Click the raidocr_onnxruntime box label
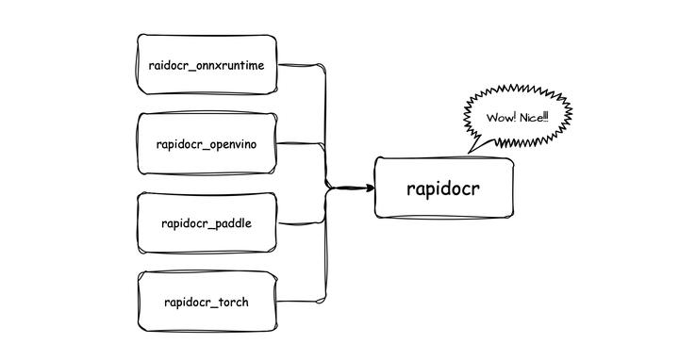[x=207, y=65]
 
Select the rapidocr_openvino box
[x=207, y=144]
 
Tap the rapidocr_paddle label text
[x=207, y=223]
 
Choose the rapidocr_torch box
[x=207, y=303]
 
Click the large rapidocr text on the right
[x=443, y=188]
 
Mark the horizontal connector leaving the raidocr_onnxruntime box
[x=302, y=66]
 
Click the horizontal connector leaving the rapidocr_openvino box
[x=302, y=144]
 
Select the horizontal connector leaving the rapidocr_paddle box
[x=302, y=223]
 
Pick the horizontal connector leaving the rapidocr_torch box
[x=302, y=303]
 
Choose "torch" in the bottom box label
[x=232, y=303]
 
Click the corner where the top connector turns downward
[x=326, y=68]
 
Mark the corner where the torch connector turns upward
[x=326, y=303]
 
